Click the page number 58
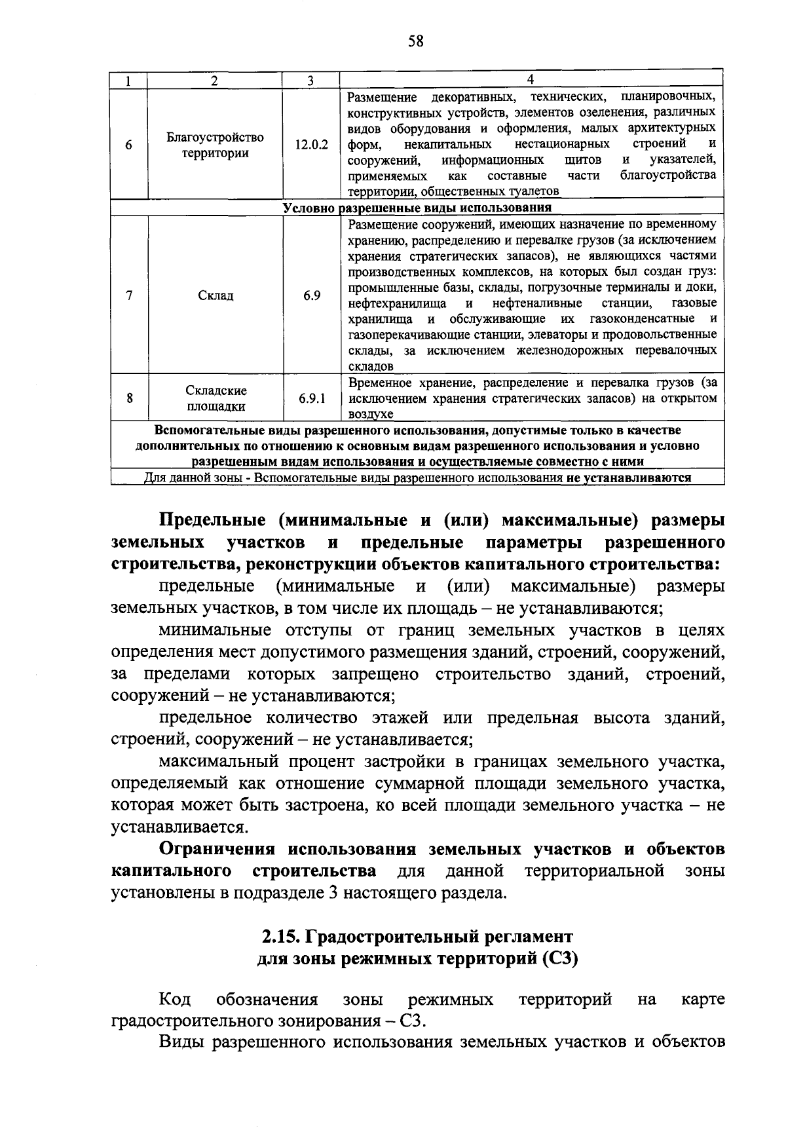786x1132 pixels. (416, 41)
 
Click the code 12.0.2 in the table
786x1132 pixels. (311, 145)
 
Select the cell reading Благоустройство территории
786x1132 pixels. (215, 145)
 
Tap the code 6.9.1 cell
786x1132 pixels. (312, 398)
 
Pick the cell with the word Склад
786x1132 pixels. (215, 295)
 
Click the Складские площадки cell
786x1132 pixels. (216, 398)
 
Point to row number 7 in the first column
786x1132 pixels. (130, 295)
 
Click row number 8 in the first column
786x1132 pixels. (130, 398)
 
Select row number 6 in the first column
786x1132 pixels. (129, 145)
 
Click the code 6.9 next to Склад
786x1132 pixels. (312, 295)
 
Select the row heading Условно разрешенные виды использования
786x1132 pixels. (417, 208)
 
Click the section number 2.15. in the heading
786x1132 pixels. (280, 936)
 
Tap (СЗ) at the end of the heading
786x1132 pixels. (560, 959)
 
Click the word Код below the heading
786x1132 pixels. (175, 1000)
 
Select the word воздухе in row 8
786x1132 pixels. (371, 415)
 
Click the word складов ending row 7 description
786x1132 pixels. (371, 367)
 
